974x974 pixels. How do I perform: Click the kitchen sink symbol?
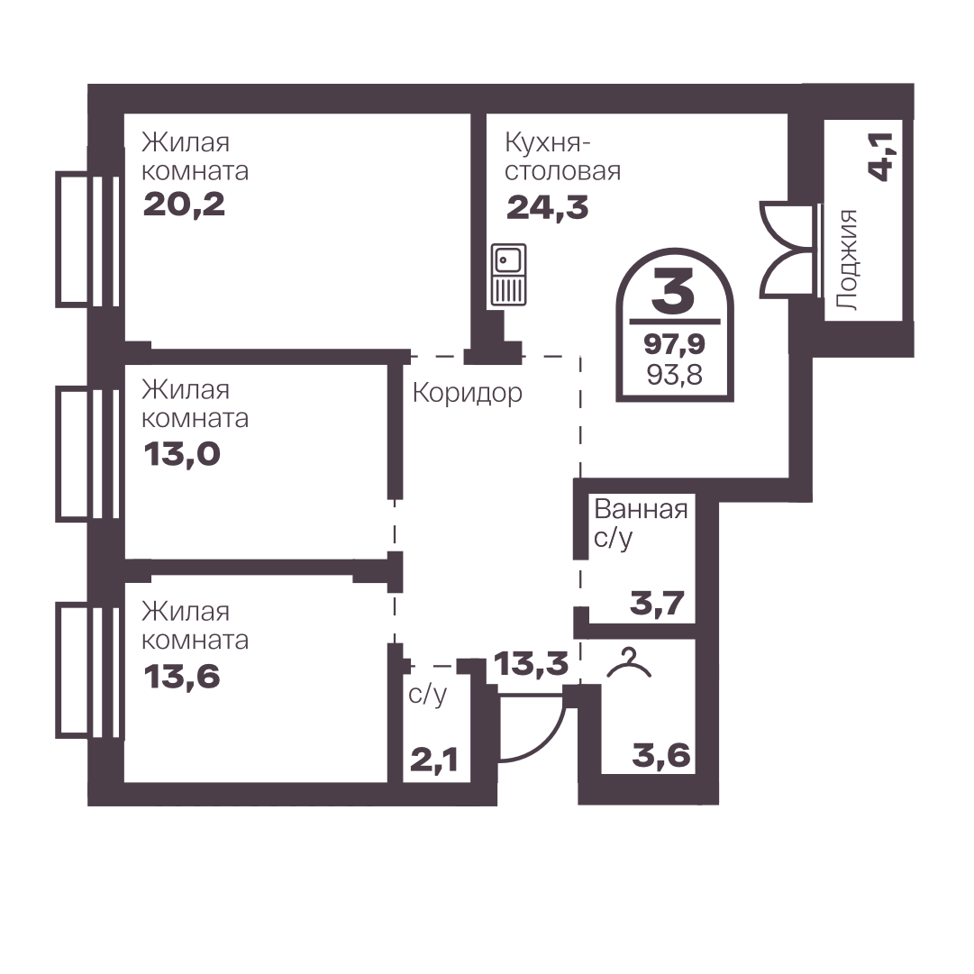point(509,275)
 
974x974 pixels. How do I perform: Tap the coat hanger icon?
point(629,662)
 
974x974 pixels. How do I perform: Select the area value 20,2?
point(184,205)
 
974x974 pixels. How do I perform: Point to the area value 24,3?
point(547,207)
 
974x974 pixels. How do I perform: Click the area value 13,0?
point(182,454)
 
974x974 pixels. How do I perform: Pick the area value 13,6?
point(182,676)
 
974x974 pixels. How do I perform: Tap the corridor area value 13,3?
point(531,663)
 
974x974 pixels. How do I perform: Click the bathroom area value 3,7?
point(657,603)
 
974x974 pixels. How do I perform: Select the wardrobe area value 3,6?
point(661,755)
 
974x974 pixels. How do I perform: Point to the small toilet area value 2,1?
point(434,759)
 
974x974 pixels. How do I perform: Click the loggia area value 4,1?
point(880,157)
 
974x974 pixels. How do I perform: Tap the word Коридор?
point(467,393)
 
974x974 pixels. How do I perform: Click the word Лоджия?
point(847,259)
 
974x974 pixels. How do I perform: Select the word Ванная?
point(641,509)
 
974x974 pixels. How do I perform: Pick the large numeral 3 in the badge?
point(673,291)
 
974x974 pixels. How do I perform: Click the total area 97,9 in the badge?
point(674,343)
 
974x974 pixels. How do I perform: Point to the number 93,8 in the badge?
point(675,375)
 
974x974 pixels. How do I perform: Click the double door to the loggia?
point(787,248)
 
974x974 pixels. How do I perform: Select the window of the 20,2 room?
point(87,239)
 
